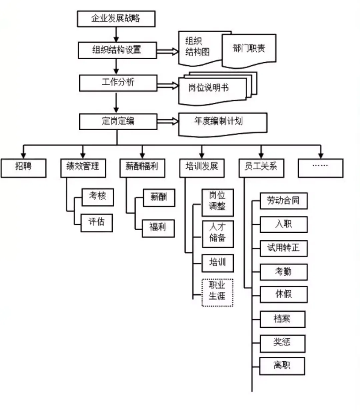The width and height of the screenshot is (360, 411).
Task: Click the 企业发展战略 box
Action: point(116,19)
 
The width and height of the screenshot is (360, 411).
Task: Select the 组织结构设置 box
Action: point(117,50)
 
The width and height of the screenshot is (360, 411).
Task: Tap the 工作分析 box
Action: point(118,83)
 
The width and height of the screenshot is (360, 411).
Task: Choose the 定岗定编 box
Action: point(118,122)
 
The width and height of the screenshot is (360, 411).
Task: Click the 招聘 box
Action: point(23,168)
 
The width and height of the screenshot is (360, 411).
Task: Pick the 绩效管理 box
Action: point(83,168)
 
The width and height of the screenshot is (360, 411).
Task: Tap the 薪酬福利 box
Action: point(142,168)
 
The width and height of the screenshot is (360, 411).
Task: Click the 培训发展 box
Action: point(202,168)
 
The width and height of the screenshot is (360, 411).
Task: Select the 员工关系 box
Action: point(261,168)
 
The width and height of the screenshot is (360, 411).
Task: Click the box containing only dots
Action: point(320,168)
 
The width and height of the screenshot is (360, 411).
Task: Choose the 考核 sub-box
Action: point(97,197)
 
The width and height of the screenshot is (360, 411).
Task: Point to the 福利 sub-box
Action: point(158,228)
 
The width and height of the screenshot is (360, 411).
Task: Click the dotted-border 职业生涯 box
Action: point(217,292)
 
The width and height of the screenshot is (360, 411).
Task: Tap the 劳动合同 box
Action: point(283,201)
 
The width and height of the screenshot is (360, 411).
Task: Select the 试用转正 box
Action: point(283,248)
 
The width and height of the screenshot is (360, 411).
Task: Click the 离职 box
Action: point(282,366)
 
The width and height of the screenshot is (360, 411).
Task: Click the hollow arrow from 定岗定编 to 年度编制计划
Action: point(168,121)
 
